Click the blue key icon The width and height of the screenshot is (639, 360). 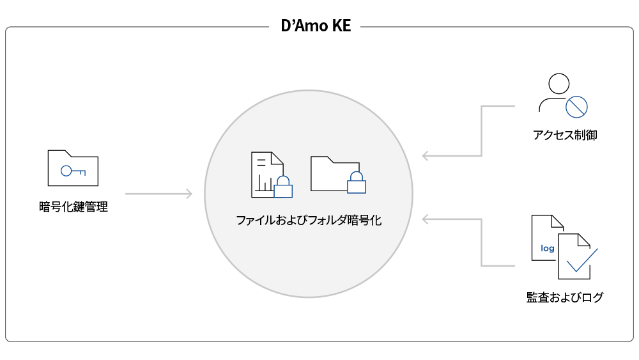coord(73,171)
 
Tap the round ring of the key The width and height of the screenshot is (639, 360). coord(66,171)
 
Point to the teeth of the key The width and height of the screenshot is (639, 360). coord(82,173)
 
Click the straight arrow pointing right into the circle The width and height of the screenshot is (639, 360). coord(159,194)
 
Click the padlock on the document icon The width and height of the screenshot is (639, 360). coord(283,186)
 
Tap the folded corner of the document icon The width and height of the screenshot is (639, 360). coord(278,158)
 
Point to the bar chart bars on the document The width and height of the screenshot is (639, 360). coord(263,186)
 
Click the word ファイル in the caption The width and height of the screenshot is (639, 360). coord(251,221)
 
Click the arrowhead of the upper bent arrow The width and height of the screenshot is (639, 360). coord(426,155)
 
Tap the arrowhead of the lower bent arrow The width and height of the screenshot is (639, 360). coord(426,219)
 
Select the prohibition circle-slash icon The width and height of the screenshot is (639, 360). coord(576,107)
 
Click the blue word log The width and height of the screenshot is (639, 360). coord(548,248)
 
